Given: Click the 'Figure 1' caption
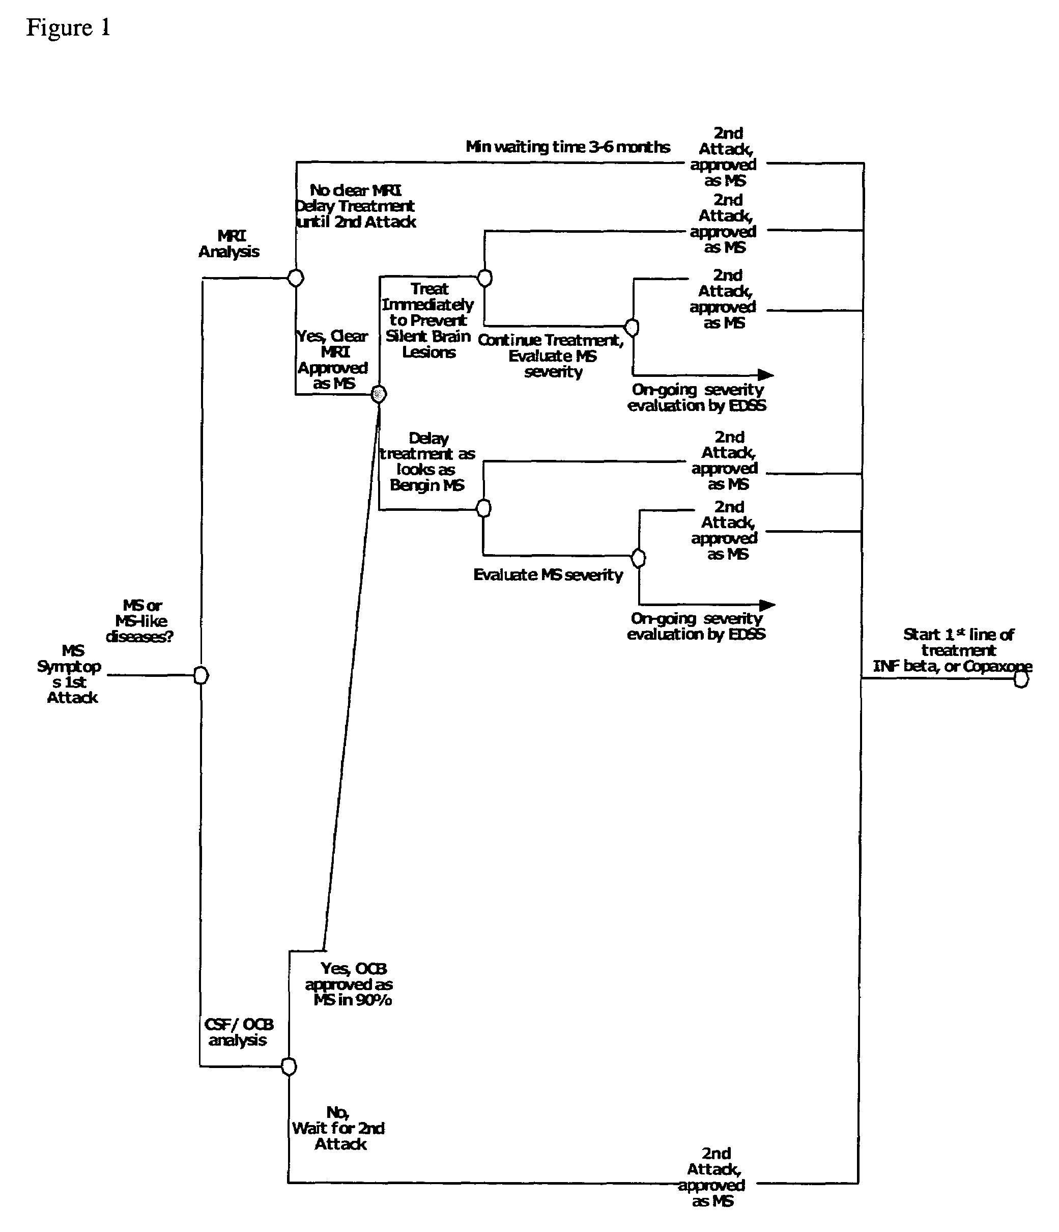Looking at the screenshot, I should point(68,28).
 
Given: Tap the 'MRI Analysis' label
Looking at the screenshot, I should point(230,244).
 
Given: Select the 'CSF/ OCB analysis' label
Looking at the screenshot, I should point(238,1032).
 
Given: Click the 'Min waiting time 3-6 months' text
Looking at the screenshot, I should point(567,147).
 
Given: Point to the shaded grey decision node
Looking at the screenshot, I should point(379,394).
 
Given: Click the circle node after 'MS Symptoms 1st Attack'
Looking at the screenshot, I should point(202,675).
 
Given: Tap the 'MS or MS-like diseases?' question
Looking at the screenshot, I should point(140,621).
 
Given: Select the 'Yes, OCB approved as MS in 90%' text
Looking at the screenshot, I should point(350,984).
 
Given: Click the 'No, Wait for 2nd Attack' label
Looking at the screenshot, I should point(339,1128).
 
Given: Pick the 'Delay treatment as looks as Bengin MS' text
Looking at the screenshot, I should point(427,462).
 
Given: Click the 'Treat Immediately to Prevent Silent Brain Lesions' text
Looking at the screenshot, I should point(428,320).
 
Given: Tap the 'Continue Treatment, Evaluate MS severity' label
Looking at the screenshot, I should point(552,355).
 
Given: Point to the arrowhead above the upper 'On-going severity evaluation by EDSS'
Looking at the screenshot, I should point(765,375).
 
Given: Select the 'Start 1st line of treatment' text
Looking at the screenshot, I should point(958,643).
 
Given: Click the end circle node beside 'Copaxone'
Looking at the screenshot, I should point(1021,679).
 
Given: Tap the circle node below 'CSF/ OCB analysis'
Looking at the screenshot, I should point(289,1066).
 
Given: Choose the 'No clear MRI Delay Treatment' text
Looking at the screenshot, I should point(355,206).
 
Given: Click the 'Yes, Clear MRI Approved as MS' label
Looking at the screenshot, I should point(333,360).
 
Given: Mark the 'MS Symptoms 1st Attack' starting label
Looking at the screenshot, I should point(71,674).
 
